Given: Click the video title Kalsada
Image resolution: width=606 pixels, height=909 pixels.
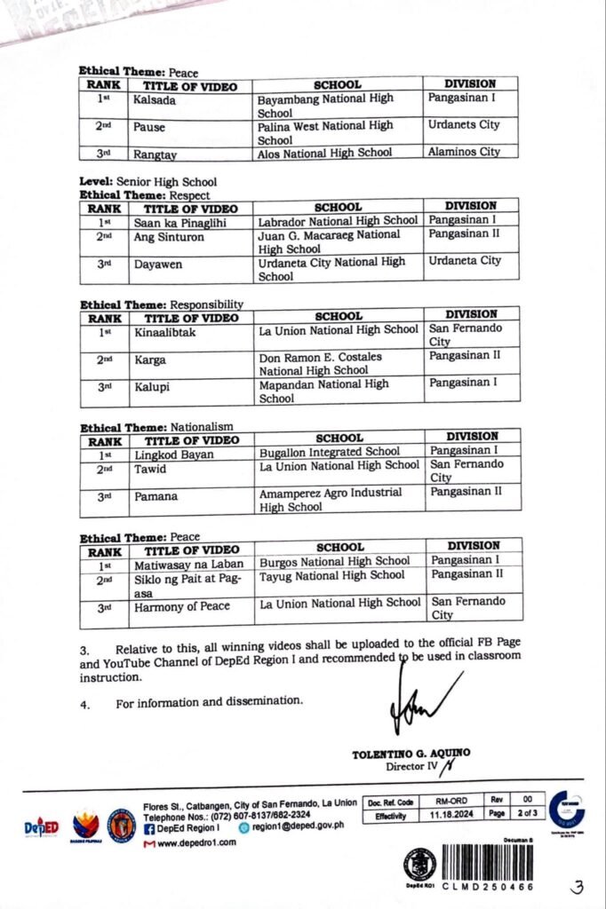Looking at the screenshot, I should point(154,100).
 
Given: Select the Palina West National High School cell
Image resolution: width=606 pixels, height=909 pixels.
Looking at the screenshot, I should point(325,132).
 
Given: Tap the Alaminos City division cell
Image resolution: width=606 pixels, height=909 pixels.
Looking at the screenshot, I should point(464,152).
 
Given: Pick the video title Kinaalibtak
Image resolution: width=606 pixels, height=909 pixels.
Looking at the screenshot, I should point(164,332).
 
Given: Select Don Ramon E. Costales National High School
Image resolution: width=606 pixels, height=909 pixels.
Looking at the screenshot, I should point(320,363).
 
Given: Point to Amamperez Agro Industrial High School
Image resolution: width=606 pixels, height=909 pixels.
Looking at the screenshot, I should point(330,500).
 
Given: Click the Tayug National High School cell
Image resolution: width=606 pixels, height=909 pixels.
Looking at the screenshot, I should point(331,575).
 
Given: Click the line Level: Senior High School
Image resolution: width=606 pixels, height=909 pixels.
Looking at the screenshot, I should point(148,182).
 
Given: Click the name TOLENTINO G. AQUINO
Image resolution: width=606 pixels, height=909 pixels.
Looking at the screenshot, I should point(411,754).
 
